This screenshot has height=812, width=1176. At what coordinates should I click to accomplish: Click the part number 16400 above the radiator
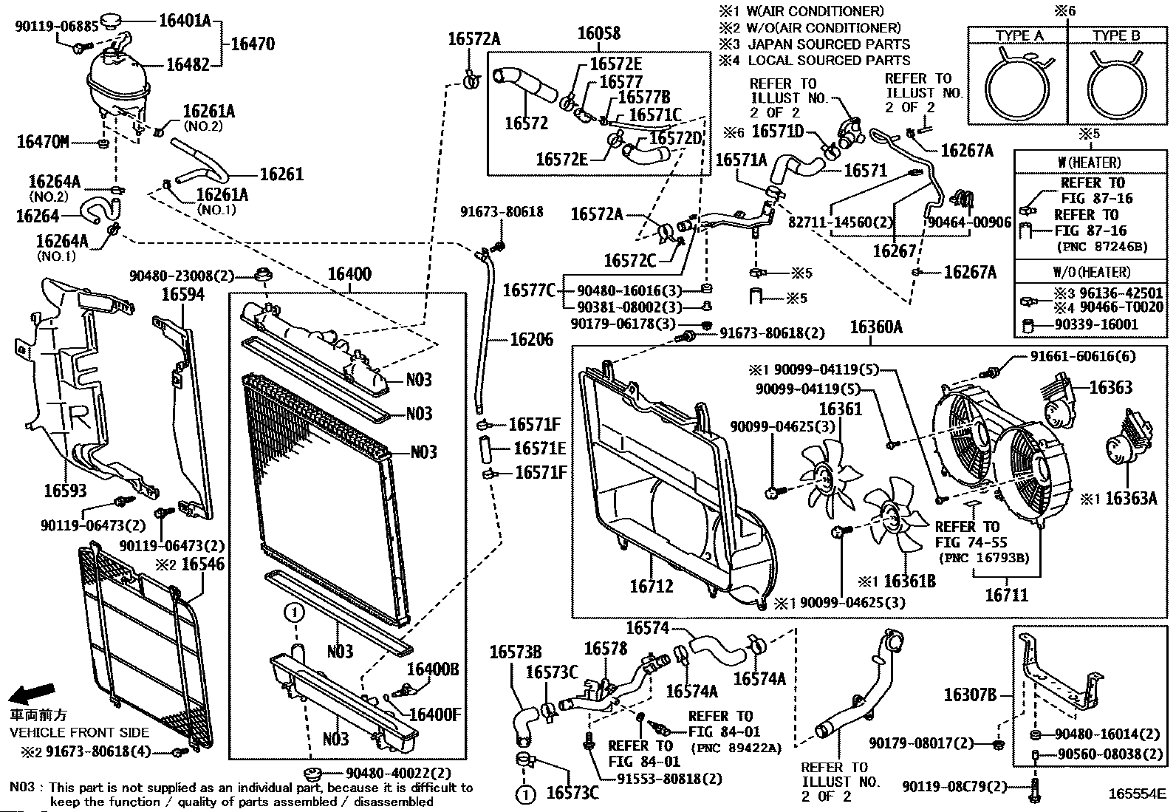[x=349, y=275]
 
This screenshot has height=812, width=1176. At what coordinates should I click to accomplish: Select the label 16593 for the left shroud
[x=64, y=491]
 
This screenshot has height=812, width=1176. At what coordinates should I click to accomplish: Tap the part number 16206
[x=532, y=340]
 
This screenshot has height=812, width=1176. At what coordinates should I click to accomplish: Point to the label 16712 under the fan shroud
[x=652, y=587]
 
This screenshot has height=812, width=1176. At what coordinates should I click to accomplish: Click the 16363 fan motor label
[x=1110, y=387]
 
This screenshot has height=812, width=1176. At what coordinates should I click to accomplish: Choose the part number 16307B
[x=970, y=695]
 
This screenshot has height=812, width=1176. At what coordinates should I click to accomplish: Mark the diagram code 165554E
[x=1136, y=794]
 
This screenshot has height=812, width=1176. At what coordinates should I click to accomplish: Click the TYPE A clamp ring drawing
[x=1018, y=85]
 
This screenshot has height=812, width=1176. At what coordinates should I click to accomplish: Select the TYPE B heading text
[x=1116, y=35]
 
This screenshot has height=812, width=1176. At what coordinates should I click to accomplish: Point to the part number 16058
[x=598, y=33]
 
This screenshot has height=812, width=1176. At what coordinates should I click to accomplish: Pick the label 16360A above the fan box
[x=876, y=327]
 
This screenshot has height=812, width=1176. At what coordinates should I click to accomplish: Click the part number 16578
[x=605, y=649]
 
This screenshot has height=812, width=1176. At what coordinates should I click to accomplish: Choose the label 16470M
[x=43, y=141]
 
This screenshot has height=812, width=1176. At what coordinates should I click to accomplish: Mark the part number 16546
[x=203, y=565]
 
